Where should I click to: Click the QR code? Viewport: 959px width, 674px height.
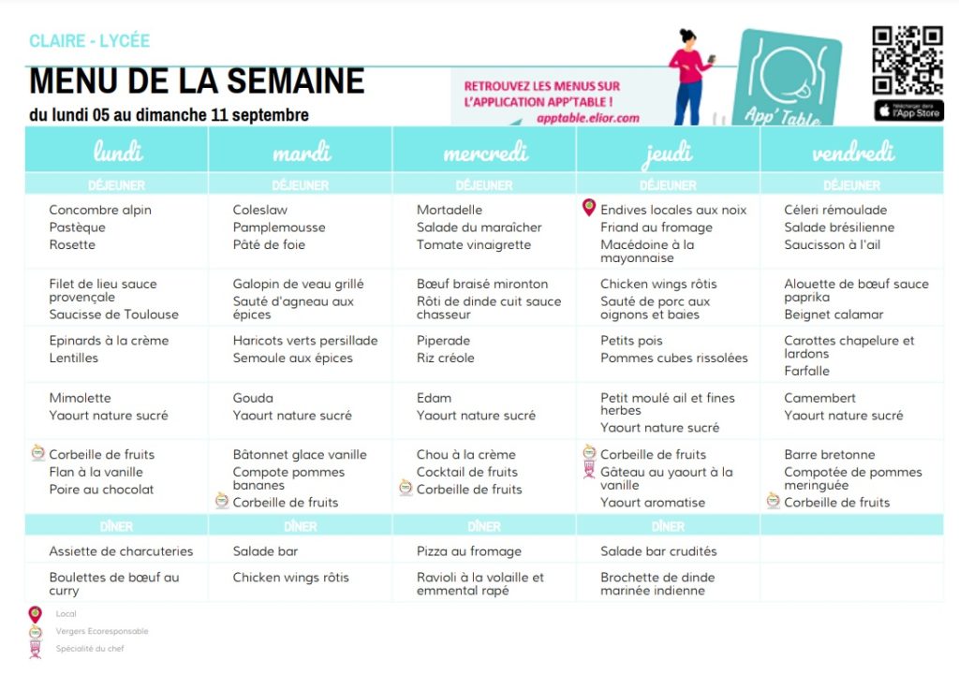[x=907, y=60]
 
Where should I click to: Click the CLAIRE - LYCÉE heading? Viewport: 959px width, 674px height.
[x=89, y=41]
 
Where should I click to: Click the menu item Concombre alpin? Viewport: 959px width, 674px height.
[x=100, y=210]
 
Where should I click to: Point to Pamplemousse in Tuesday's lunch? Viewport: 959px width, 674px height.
[x=279, y=227]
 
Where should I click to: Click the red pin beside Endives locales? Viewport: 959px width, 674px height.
[x=589, y=208]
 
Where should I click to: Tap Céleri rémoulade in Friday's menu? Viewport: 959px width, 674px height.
[x=835, y=210]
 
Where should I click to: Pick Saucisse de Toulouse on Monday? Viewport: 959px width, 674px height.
[x=113, y=315]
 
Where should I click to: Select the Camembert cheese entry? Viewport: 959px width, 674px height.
[x=820, y=398]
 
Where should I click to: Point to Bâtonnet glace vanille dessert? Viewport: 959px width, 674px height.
[x=300, y=455]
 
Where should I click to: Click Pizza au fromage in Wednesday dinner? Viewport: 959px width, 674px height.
[x=469, y=551]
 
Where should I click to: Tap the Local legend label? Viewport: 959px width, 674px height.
[x=66, y=614]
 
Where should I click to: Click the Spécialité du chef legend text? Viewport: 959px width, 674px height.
[x=90, y=648]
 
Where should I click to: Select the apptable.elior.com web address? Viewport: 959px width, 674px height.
[x=588, y=118]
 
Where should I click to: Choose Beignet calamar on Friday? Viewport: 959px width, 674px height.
[x=834, y=315]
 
